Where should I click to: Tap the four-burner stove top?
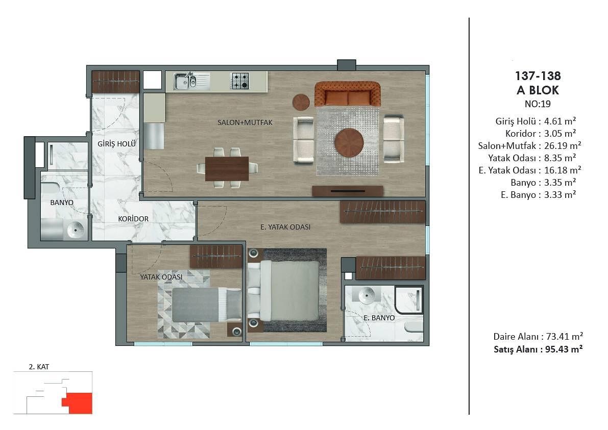240,81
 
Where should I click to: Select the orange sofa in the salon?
348,94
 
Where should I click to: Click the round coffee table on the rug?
349,142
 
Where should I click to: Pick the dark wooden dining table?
227,168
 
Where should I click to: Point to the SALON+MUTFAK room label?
245,122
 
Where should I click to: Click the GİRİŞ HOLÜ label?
117,144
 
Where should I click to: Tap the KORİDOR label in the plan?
133,219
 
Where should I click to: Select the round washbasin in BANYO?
75,230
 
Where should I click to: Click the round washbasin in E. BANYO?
367,296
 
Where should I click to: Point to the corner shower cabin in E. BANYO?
409,300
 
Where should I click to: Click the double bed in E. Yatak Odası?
285,290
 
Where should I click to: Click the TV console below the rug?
348,191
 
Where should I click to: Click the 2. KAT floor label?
39,367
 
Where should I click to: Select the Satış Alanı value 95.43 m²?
564,349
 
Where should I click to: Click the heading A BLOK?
538,90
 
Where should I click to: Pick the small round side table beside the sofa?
301,102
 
